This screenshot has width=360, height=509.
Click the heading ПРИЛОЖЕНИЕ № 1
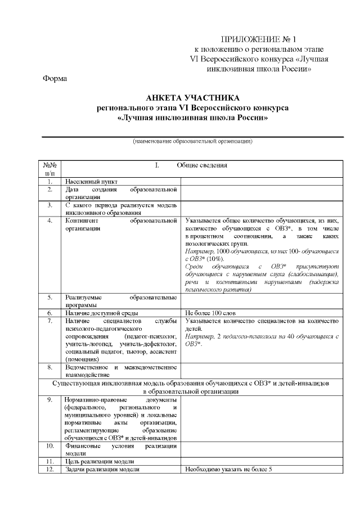[x=259, y=39]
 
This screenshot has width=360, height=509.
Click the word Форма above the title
[x=55, y=78]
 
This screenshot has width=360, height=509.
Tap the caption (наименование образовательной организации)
[x=192, y=141]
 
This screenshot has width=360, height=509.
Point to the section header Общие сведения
[x=202, y=165]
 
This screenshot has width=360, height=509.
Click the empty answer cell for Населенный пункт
[x=260, y=182]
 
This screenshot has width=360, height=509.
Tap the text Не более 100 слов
[x=210, y=313]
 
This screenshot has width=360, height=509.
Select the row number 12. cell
[x=50, y=469]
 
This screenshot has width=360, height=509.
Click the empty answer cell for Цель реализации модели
[x=260, y=461]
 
